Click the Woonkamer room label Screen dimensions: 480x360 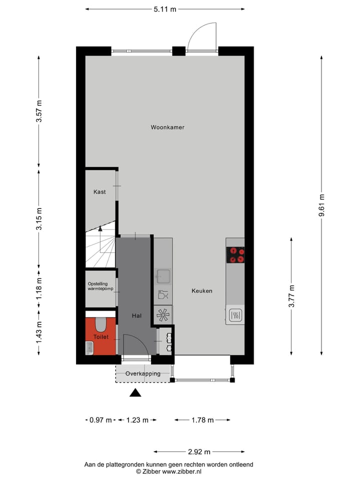coord(167,127)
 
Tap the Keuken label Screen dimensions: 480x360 coord(202,291)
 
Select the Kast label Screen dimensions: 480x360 coord(99,192)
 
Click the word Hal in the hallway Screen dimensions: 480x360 coord(136,316)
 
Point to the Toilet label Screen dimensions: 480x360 coord(100,337)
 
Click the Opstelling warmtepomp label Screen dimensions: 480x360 coord(100,286)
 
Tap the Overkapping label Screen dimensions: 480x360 coord(143,373)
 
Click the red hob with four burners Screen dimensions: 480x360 coord(236,255)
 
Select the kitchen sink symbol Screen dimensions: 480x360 coord(163,275)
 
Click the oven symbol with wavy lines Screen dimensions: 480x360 coord(235,315)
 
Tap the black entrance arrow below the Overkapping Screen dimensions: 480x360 coord(135,393)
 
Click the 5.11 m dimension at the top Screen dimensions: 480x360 coord(165,9)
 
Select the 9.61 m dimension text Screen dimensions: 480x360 coord(321,205)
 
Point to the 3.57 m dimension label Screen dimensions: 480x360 coord(39,111)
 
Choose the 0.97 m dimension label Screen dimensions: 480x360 coord(100,420)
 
